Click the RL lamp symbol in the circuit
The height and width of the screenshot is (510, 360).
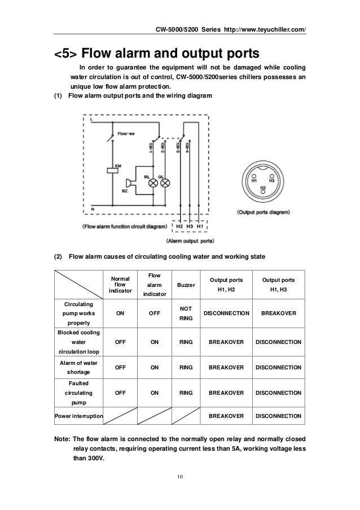(x=151, y=184)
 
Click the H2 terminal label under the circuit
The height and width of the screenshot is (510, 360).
(x=179, y=227)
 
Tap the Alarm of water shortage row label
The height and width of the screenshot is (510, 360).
(x=78, y=368)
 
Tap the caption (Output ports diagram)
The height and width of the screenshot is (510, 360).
(x=263, y=213)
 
